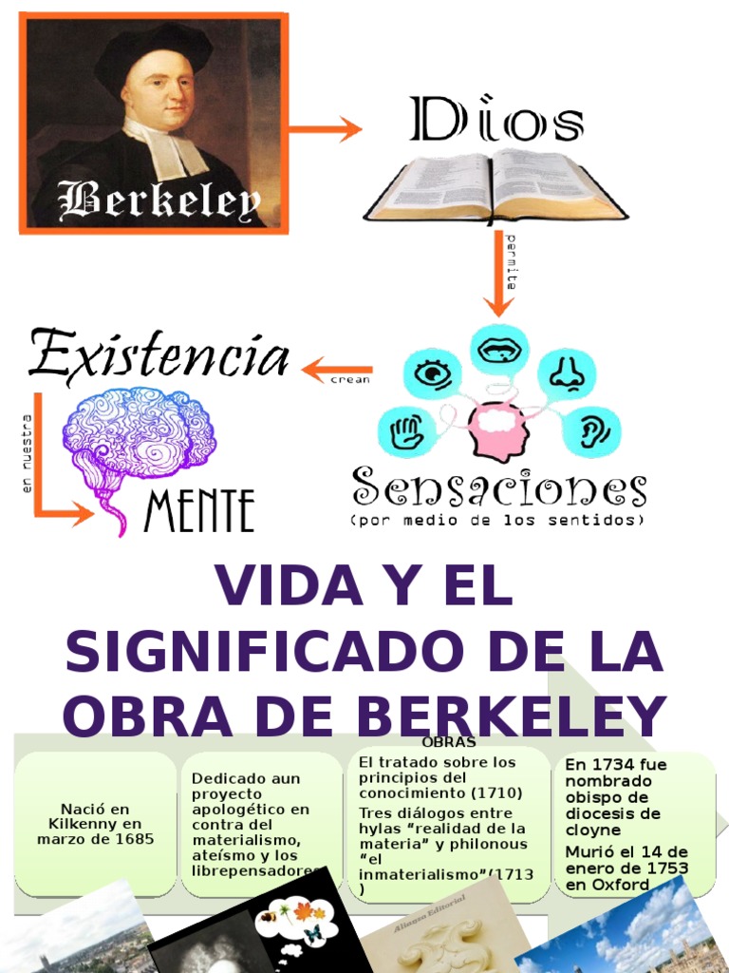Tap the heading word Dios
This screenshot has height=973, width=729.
496,122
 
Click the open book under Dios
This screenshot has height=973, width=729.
494,186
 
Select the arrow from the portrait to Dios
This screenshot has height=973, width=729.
325,129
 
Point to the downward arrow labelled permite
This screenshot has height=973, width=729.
498,276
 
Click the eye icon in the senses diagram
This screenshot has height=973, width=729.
433,372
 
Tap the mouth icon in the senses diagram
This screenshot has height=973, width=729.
499,349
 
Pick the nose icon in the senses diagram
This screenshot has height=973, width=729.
567,372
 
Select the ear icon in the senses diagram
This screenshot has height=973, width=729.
590,429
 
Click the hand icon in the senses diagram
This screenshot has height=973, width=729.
406,430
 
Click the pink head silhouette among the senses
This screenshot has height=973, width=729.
497,429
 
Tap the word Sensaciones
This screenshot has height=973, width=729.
499,487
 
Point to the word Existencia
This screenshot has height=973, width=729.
159,355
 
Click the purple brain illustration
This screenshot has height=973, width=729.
138,436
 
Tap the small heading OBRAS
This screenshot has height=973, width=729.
449,742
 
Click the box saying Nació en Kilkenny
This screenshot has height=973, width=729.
95,824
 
